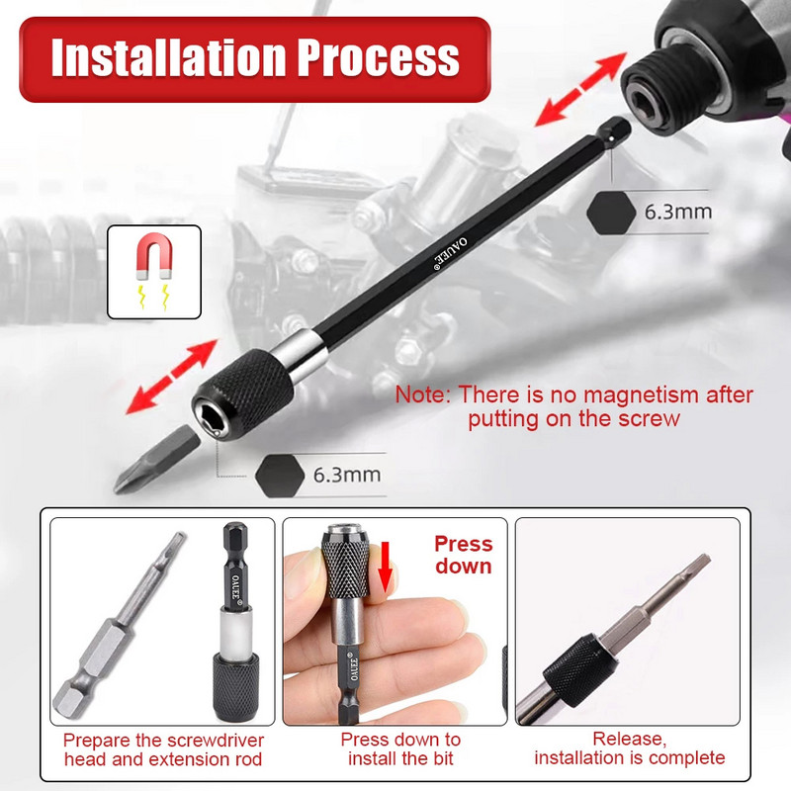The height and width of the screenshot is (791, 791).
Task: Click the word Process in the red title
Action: tap(390, 58)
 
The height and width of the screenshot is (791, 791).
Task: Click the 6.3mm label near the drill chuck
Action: tap(677, 212)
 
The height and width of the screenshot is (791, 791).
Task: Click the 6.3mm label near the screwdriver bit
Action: tap(346, 474)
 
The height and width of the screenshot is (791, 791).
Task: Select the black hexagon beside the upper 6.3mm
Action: tap(608, 211)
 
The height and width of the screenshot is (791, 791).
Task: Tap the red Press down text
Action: tap(463, 555)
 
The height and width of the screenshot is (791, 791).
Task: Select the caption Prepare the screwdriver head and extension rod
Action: tap(163, 749)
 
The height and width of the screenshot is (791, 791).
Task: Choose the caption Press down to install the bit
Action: tap(400, 749)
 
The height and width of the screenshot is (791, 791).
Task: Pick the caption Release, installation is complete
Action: tap(630, 748)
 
